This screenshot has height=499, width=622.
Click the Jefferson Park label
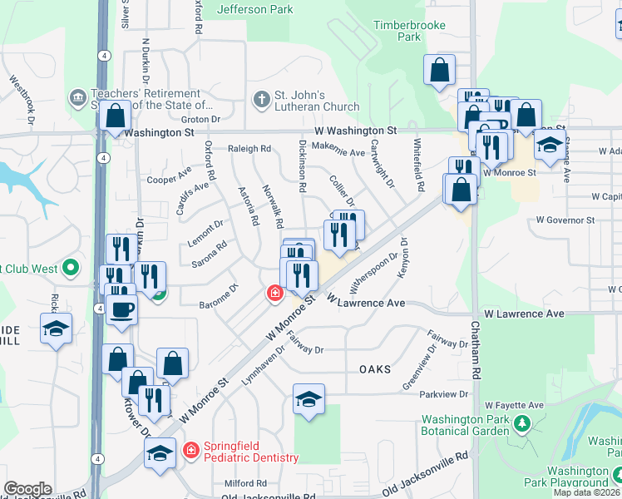[254, 10]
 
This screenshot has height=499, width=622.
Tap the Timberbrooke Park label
[408, 31]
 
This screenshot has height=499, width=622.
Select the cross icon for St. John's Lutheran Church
[261, 101]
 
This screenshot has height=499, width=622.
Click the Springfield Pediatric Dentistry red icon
[191, 450]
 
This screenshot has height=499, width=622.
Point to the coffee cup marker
[121, 309]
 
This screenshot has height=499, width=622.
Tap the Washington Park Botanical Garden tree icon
[522, 424]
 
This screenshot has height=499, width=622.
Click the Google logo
[27, 489]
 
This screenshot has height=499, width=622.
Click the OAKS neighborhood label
[375, 368]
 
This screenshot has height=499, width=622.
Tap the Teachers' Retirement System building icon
[77, 99]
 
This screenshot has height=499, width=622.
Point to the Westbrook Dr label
[22, 101]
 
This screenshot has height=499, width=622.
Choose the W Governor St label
[565, 220]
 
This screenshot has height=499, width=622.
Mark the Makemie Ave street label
[339, 152]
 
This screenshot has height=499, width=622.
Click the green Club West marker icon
[71, 268]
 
